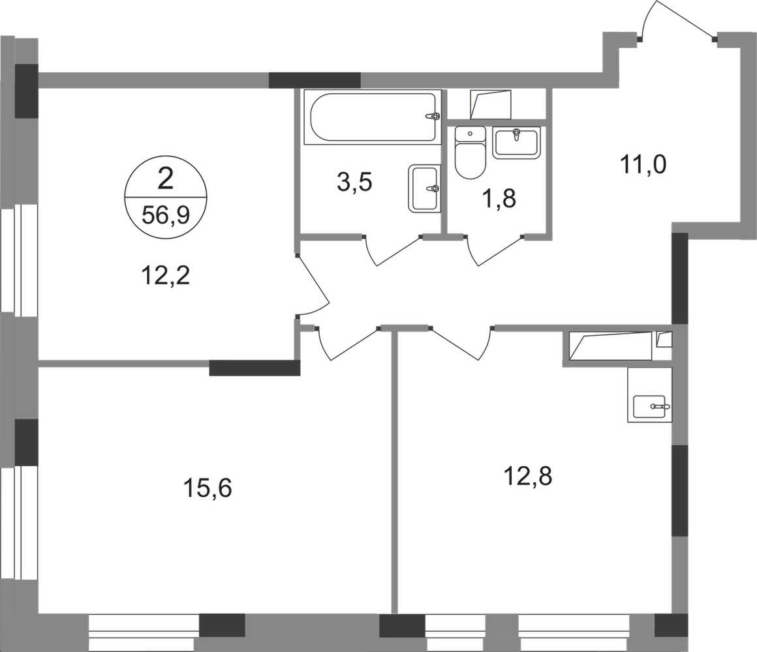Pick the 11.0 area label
(x=644, y=168)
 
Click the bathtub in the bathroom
(x=370, y=115)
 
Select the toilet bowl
(x=469, y=153)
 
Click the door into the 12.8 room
(x=461, y=341)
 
